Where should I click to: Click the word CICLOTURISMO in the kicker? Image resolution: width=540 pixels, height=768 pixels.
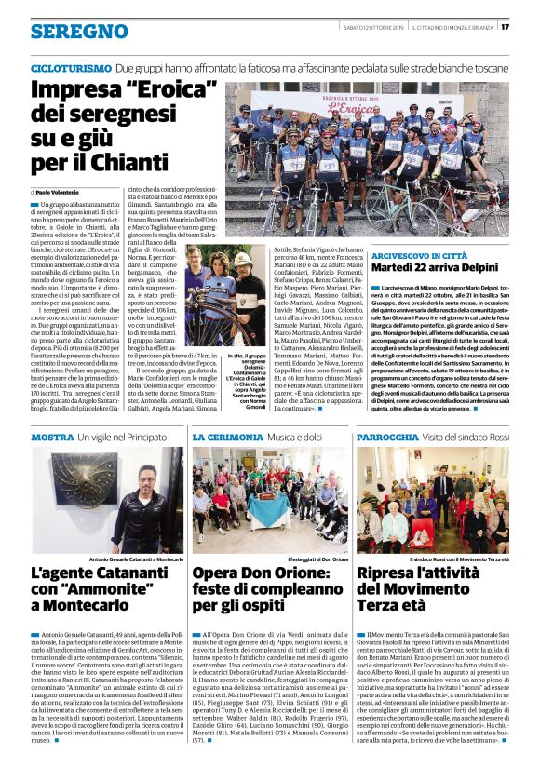tap(71, 69)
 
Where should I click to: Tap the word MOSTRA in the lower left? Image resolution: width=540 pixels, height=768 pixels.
tap(52, 438)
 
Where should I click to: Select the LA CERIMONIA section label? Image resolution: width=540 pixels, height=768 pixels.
tap(228, 438)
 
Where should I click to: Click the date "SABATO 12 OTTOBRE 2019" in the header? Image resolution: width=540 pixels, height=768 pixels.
tap(374, 26)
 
